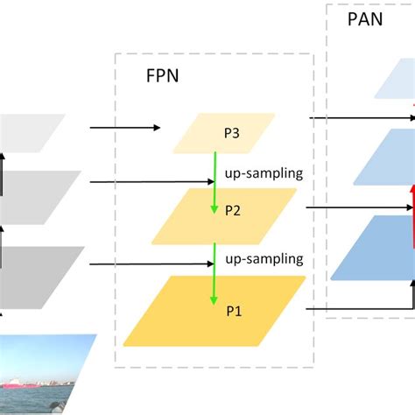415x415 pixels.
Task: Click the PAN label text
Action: click(x=365, y=18)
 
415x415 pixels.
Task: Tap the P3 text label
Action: click(x=232, y=134)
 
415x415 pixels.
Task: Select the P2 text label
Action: click(x=233, y=210)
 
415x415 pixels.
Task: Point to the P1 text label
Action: click(x=235, y=310)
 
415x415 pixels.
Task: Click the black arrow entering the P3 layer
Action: click(x=124, y=128)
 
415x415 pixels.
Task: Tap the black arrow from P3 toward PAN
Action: click(x=359, y=116)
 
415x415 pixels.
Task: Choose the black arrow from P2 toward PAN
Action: click(x=359, y=207)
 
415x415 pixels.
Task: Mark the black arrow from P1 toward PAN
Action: click(x=359, y=308)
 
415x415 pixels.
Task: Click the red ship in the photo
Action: click(x=18, y=383)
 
